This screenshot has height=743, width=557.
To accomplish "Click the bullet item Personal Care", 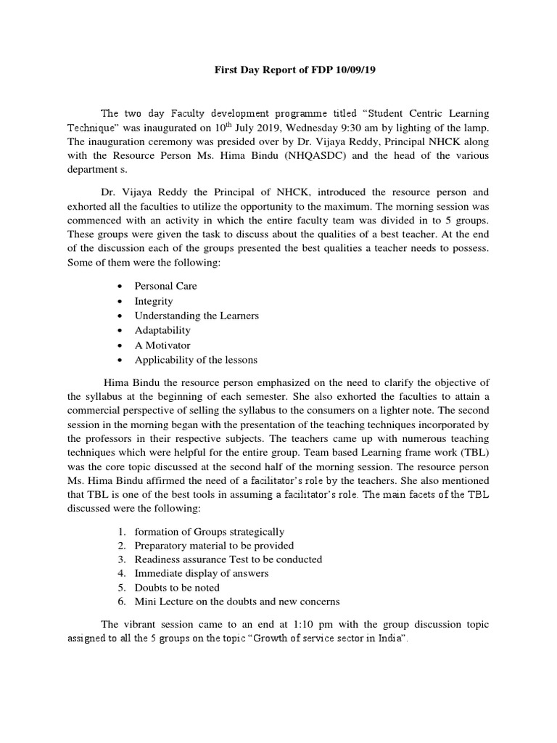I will (x=165, y=286).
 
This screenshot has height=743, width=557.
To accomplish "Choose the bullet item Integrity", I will (x=154, y=300).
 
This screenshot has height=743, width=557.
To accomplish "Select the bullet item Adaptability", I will (x=162, y=330).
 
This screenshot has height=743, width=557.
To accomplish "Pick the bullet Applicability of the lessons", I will (x=196, y=360).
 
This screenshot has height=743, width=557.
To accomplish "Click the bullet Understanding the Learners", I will (x=197, y=316).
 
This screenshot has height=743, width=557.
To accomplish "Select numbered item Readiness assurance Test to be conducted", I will (x=228, y=559).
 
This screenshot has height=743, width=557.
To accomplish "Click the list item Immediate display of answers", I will (x=202, y=573).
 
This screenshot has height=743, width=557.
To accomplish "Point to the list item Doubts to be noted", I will (x=177, y=588).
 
